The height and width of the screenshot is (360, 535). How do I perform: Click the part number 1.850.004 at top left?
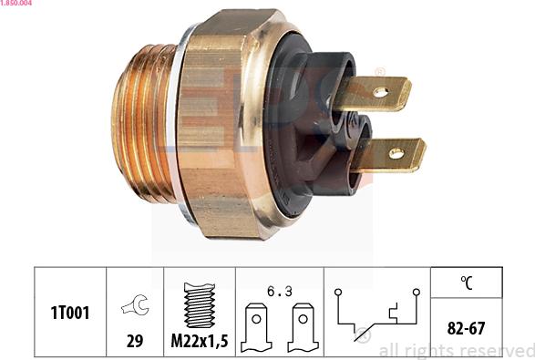click(16, 4)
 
